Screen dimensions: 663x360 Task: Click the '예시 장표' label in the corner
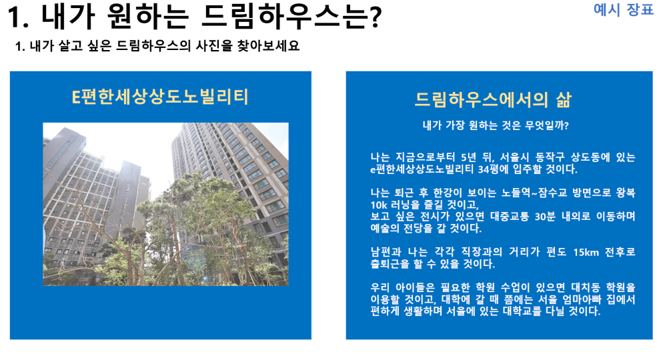point(623,9)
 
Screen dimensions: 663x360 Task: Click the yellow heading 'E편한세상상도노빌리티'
point(160,97)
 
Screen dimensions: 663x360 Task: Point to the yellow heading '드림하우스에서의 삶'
point(493,100)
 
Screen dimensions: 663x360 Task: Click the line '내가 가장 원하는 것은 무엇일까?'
point(496,125)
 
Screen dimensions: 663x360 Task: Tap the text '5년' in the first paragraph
point(468,157)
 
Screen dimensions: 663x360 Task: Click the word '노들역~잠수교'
point(534,193)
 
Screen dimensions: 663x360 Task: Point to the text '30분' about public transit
point(545,217)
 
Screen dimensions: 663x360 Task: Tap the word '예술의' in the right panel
point(384,229)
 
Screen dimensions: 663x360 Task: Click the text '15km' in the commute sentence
point(586,252)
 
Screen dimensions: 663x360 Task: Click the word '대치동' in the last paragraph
point(585,288)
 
